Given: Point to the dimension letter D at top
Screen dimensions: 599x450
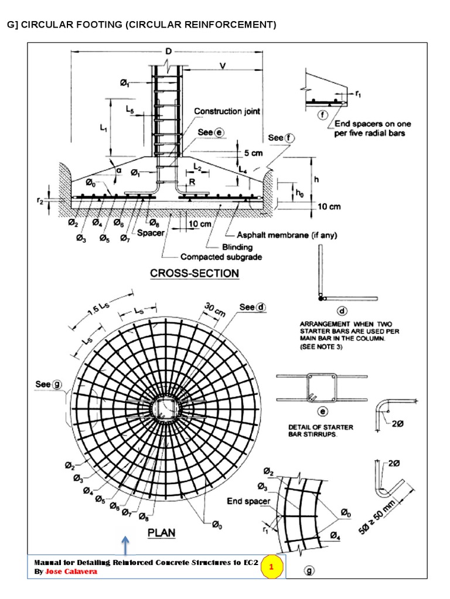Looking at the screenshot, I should coord(168,53).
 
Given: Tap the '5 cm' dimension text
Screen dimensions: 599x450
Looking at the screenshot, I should coord(254,153).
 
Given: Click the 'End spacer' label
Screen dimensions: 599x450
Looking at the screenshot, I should coord(248,501).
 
